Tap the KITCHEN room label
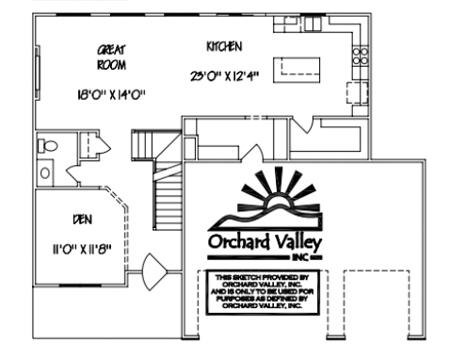click(225, 45)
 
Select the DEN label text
click(82, 219)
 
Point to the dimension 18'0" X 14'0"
click(112, 94)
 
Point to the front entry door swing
click(154, 274)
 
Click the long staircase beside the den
click(167, 199)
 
